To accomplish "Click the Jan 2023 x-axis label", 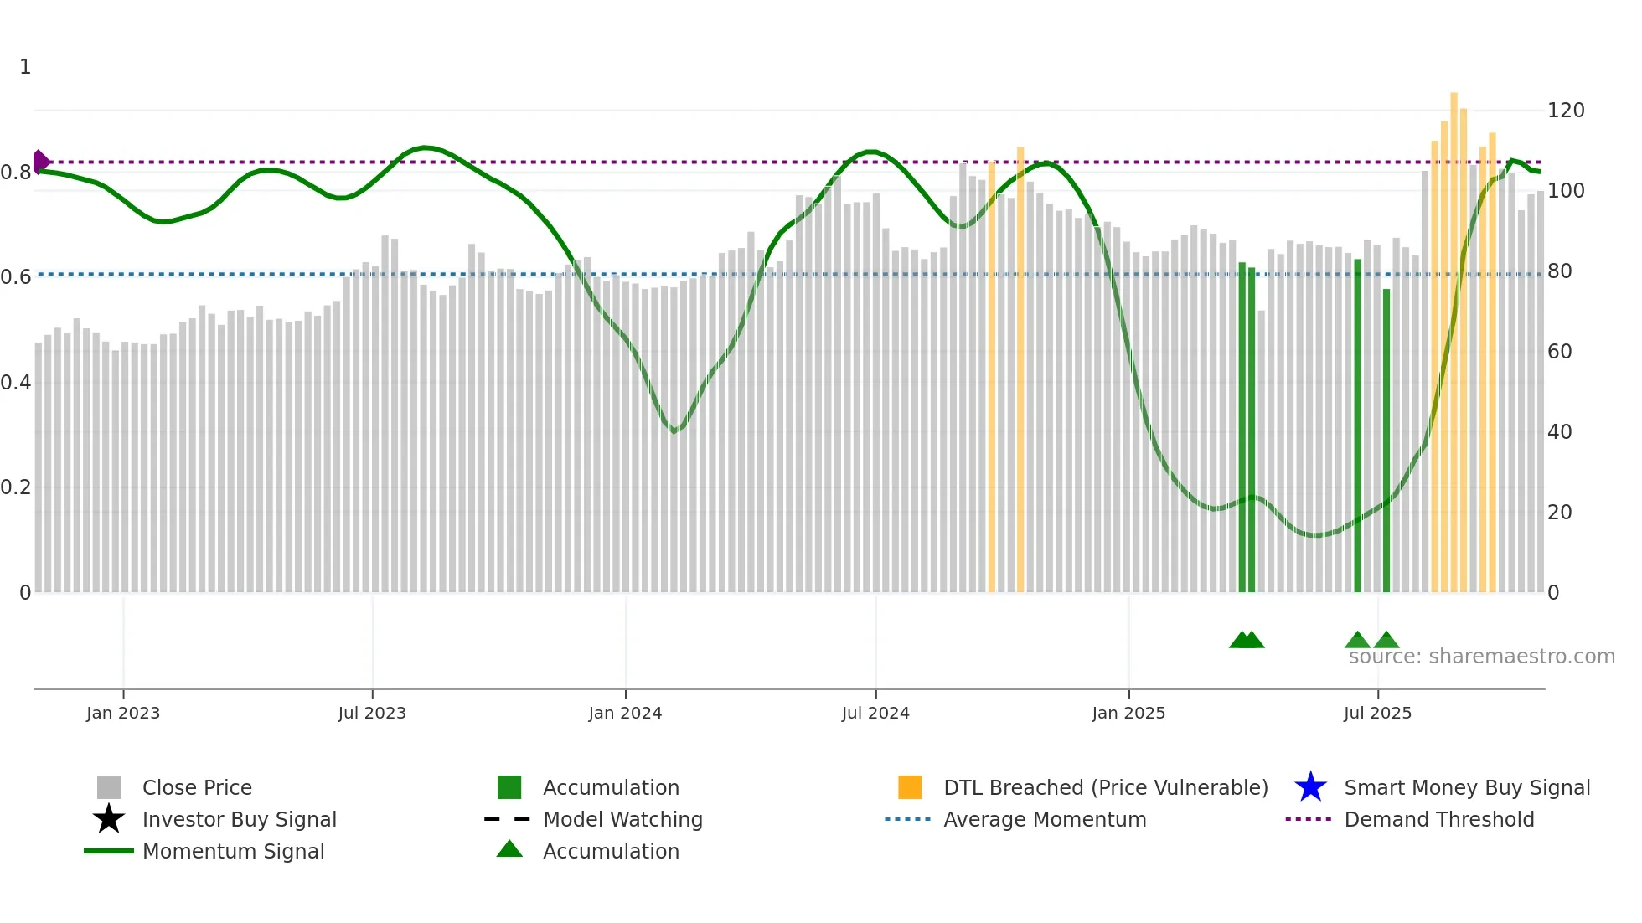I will pos(122,714).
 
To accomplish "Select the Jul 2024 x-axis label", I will pos(875,714).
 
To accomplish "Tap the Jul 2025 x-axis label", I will pos(1377,714).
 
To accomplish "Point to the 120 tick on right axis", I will pos(1566,111).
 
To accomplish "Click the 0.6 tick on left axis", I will pos(15,277).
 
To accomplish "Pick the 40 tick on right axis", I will pos(1559,432).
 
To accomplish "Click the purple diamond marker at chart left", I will pos(40,162).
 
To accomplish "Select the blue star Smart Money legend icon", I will pos(1310,787).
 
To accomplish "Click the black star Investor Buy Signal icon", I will pos(109,819).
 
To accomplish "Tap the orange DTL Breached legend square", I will pos(910,787).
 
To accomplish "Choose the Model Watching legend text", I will pos(622,819).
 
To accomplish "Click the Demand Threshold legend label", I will pos(1438,819).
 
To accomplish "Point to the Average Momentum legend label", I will pos(1045,819).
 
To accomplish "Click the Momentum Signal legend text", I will pos(233,851).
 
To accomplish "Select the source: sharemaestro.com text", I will pos(1481,657).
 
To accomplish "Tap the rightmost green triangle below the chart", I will pos(1386,641).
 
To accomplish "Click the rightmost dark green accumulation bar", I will pos(1386,440).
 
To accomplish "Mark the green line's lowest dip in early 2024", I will pos(674,431).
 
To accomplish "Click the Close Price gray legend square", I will pos(109,787).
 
